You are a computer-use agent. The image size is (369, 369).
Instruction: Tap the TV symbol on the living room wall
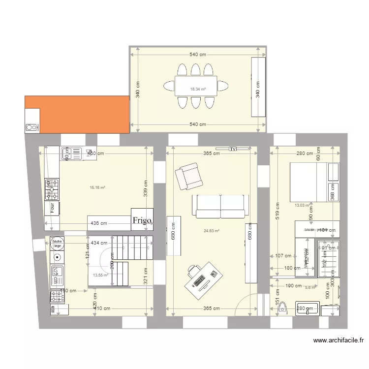233,148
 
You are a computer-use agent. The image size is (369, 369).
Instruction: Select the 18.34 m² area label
197,90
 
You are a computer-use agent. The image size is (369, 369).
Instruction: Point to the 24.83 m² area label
211,231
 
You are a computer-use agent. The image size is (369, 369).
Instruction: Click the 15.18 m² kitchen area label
97,187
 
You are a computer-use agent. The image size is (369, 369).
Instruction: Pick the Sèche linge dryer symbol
57,243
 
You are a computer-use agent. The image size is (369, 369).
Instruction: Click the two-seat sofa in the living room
220,206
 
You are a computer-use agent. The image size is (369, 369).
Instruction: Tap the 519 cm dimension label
277,211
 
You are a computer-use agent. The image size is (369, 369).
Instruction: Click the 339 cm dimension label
146,187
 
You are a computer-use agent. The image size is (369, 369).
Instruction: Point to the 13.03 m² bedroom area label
302,205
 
